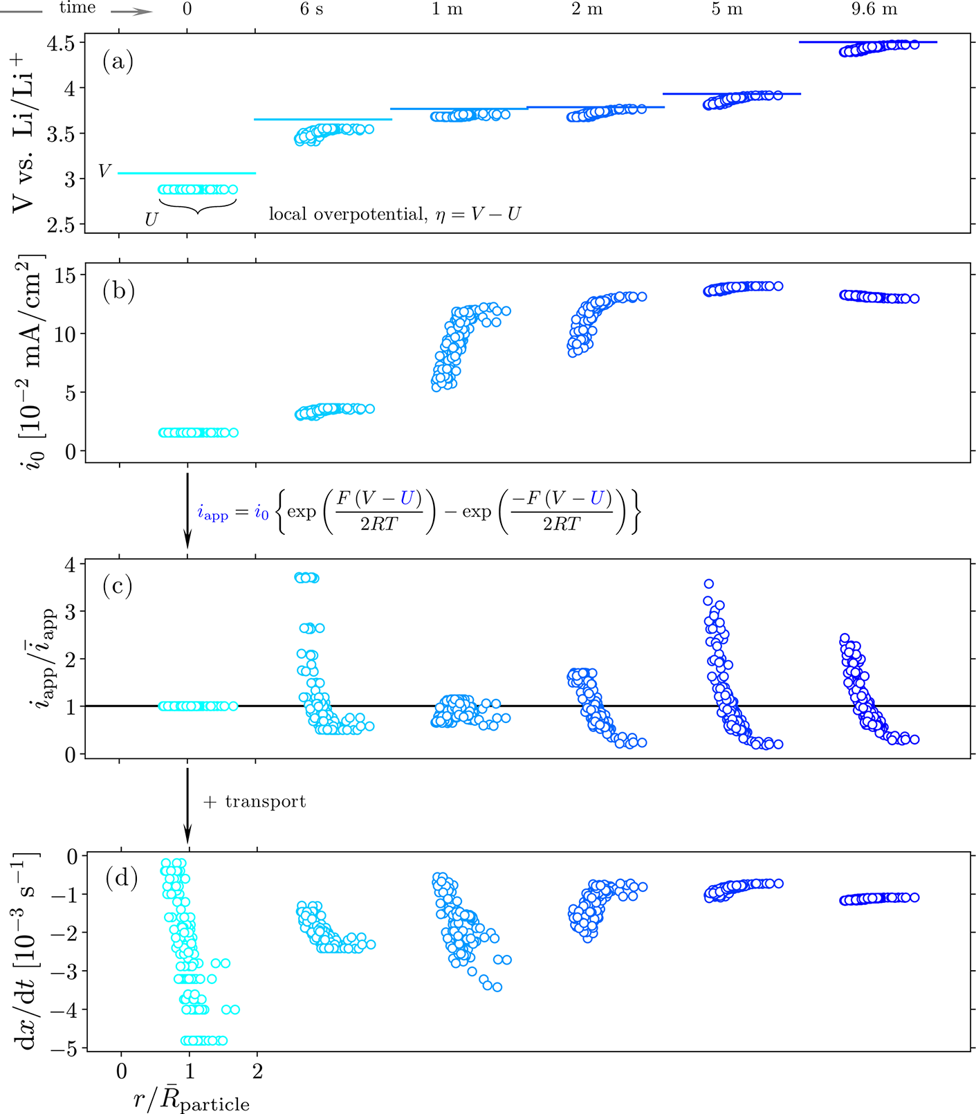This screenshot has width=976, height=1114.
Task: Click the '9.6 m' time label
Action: [874, 10]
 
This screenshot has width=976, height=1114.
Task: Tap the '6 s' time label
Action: [311, 10]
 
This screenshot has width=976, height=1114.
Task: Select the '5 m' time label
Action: [726, 10]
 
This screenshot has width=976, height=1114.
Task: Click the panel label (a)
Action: [118, 62]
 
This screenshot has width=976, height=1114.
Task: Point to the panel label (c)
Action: [118, 586]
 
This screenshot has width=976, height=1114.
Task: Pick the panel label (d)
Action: [122, 878]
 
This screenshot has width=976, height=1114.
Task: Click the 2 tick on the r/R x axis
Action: [257, 1072]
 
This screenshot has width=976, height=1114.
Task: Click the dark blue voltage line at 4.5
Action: [867, 42]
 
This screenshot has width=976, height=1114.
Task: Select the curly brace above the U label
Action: [198, 206]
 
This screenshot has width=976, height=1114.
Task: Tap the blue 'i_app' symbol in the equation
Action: [212, 514]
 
